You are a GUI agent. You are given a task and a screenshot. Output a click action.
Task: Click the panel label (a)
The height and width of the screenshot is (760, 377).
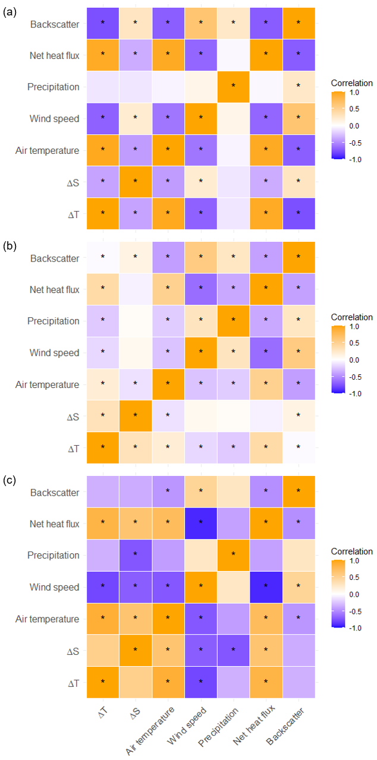pyautogui.click(x=10, y=11)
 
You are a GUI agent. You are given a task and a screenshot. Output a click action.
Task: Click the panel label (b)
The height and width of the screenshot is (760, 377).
pyautogui.click(x=10, y=245)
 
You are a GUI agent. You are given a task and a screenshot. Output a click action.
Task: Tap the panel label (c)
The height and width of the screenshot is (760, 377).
pyautogui.click(x=10, y=480)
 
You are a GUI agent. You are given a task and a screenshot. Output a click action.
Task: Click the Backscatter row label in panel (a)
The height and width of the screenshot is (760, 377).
pyautogui.click(x=54, y=24)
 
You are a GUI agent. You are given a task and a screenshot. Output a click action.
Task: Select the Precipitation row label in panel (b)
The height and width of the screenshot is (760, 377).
pyautogui.click(x=53, y=321)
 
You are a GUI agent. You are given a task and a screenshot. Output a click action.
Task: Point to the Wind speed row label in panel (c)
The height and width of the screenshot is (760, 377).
pyautogui.click(x=55, y=587)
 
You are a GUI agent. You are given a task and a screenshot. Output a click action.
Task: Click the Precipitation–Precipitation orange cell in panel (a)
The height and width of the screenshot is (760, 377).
pyautogui.click(x=233, y=87)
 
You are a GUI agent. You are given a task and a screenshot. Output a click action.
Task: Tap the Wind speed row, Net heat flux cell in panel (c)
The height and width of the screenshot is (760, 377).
pyautogui.click(x=266, y=587)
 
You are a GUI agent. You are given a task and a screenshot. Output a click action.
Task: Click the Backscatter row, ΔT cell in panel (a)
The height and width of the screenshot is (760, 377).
pyautogui.click(x=102, y=23)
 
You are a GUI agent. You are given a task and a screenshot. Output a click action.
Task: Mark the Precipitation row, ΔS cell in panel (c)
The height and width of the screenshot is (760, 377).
pyautogui.click(x=135, y=555)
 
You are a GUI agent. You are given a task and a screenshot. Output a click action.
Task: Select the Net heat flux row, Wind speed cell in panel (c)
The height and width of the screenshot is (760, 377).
pyautogui.click(x=200, y=523)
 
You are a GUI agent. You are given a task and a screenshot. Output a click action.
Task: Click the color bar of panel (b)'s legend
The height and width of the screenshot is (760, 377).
pyautogui.click(x=339, y=359)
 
